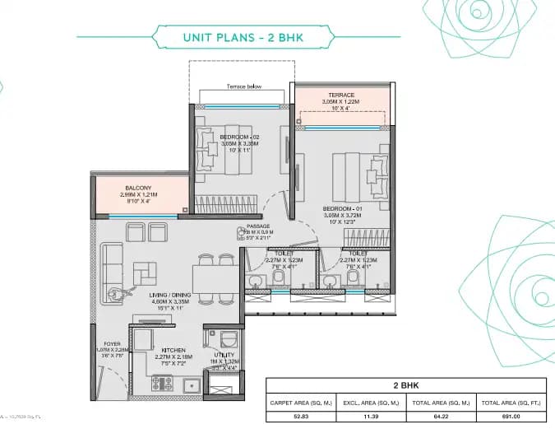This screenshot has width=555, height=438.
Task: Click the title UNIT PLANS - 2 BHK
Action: coord(238,36)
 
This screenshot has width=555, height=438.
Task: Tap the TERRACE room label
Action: coord(341,96)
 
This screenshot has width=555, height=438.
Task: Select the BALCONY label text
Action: coord(137,188)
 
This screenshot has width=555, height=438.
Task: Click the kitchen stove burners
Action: coord(160,383)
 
